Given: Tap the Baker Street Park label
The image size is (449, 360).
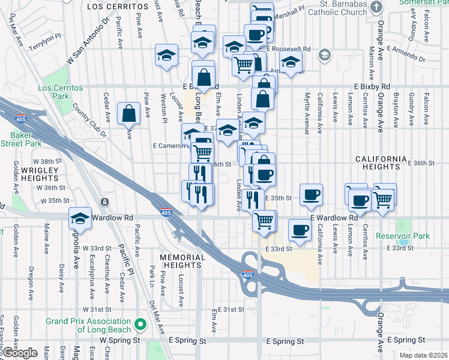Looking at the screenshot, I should pos(20,139).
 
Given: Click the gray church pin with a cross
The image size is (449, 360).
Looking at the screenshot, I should pos(376,8).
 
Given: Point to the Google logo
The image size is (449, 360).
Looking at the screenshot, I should pos(20,353).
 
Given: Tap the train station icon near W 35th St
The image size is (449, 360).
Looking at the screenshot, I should pos(105,202).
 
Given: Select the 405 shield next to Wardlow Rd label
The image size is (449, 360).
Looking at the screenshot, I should pos(167,212).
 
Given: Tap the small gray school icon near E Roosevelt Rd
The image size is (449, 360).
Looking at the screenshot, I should pos(325,55).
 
